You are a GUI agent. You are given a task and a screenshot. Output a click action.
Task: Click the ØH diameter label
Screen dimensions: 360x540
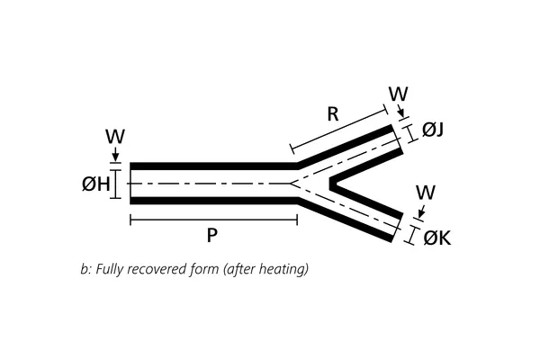94,184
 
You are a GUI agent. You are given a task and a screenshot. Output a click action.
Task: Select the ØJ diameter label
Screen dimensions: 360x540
433,130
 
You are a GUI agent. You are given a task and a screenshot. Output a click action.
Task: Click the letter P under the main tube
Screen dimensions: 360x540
211,236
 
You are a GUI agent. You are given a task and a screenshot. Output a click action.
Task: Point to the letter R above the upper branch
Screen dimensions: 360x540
332,114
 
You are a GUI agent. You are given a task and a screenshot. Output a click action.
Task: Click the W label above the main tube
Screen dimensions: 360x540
114,137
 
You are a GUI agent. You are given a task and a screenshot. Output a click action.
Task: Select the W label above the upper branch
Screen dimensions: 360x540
397,93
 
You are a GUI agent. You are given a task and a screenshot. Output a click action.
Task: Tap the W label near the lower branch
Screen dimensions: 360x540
427,193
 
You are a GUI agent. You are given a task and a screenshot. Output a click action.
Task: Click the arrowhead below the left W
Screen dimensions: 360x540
115,157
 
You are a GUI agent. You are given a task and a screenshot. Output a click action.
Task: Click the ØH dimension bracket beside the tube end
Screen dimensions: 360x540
114,184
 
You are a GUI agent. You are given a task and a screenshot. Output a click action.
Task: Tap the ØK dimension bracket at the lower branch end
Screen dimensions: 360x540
412,235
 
